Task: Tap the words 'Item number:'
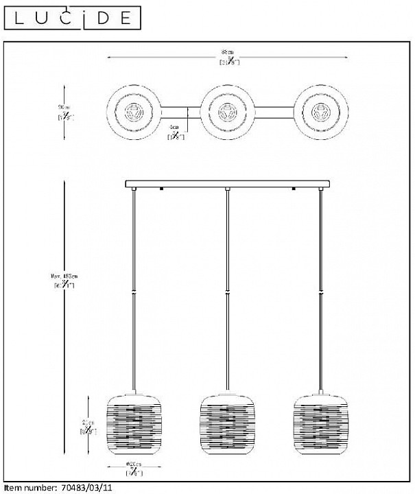(29, 488)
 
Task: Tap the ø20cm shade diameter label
(133, 469)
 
